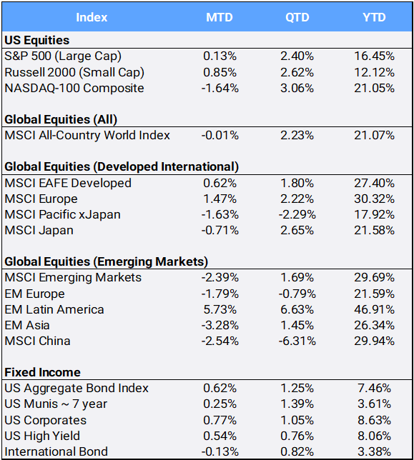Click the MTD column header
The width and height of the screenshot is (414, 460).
pos(219,16)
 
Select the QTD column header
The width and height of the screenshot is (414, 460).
pos(296,16)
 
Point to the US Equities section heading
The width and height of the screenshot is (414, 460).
pos(36,40)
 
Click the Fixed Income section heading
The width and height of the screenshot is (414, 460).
pos(42,372)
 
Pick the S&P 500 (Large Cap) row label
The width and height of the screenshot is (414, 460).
pos(63,56)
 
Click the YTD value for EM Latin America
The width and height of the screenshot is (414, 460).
pos(372,309)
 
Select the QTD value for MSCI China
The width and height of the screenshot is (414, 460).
pos(296,341)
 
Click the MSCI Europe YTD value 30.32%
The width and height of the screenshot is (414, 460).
pos(372,199)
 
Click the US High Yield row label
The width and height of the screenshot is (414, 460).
pos(42,436)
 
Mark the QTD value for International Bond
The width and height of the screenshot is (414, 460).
pos(296,451)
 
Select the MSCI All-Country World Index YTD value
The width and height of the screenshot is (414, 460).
pos(372,135)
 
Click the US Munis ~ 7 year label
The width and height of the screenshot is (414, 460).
pos(55,404)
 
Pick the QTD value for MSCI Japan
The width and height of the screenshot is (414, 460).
pos(296,230)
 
